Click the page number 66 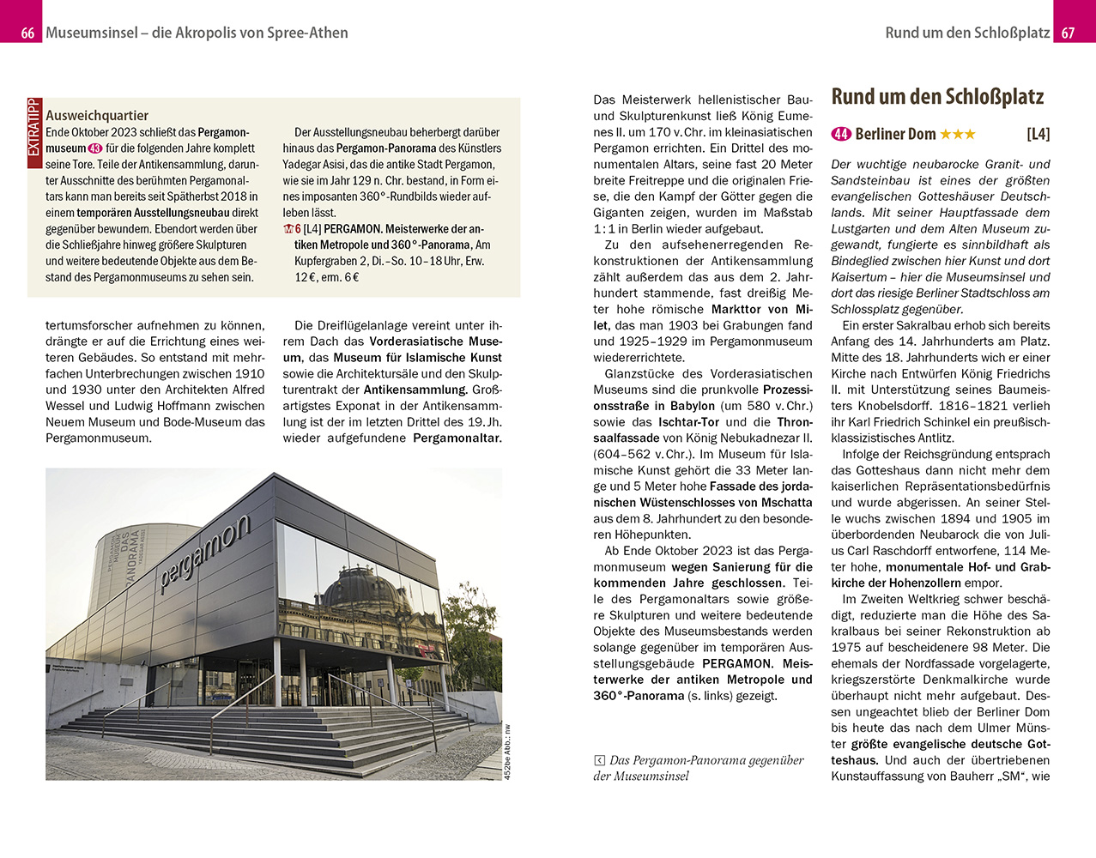point(27,33)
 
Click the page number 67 point(1068,33)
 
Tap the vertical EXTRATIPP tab point(34,129)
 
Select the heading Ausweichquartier point(97,115)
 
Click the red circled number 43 point(95,148)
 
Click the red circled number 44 point(841,134)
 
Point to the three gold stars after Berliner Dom point(958,134)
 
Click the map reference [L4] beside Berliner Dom point(1038,134)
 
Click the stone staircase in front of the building point(283,729)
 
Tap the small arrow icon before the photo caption point(599,760)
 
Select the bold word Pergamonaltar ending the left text point(457,438)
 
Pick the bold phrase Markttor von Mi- point(761,310)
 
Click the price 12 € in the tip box point(305,277)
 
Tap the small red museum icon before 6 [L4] point(288,229)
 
